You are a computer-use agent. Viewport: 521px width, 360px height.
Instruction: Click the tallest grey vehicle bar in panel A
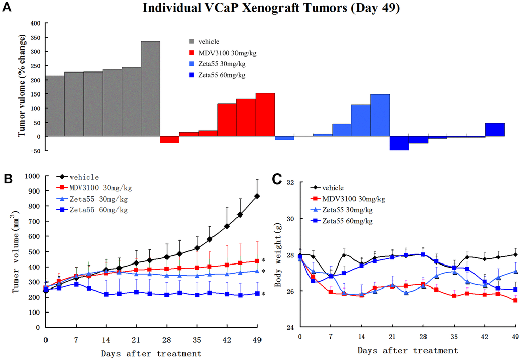(151, 89)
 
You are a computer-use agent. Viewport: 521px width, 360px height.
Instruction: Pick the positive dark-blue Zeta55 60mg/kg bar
(494, 130)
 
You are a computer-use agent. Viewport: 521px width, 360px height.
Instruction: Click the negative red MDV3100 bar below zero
(170, 140)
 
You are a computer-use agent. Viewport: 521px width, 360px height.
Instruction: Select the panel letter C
(277, 179)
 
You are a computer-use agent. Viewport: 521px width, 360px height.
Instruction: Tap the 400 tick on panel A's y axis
(34, 23)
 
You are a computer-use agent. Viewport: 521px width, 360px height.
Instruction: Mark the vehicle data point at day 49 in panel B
(257, 196)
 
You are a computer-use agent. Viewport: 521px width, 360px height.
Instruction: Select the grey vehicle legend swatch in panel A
(191, 42)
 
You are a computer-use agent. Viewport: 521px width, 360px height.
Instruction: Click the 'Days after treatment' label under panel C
(407, 351)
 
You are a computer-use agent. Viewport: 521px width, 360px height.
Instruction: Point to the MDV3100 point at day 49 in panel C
(515, 300)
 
